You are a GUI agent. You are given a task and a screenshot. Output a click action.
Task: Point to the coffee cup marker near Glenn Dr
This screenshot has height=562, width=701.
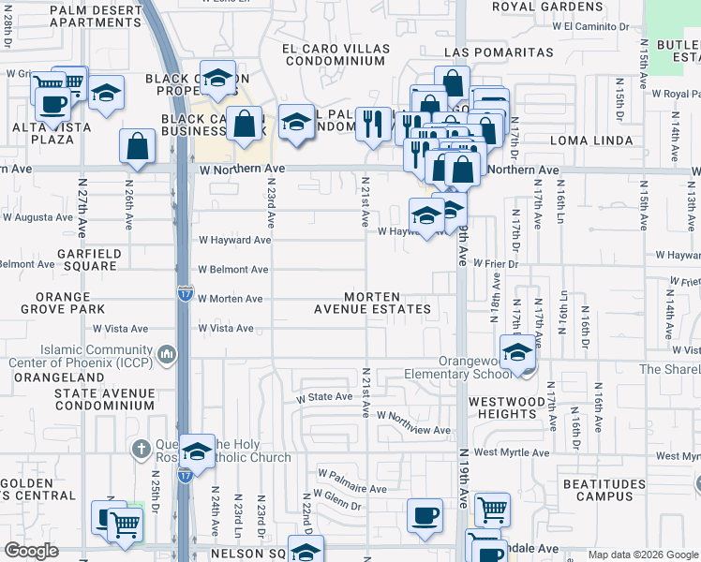(425, 515)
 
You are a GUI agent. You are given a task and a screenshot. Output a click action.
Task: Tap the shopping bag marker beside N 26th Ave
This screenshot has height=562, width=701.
(137, 146)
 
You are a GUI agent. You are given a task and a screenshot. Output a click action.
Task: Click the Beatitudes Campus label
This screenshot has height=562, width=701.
(598, 490)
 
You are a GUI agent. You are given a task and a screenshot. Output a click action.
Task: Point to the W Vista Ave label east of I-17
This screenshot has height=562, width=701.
(226, 328)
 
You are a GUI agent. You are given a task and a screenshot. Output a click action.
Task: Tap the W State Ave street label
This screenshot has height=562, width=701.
(324, 397)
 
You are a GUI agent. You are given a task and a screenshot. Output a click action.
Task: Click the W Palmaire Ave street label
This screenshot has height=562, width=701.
(351, 489)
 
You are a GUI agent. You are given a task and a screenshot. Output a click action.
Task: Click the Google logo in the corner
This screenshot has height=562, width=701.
(31, 551)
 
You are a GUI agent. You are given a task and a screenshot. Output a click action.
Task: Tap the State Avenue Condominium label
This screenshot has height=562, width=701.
(103, 400)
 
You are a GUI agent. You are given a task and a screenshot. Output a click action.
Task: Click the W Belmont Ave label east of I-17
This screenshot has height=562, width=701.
(232, 269)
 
